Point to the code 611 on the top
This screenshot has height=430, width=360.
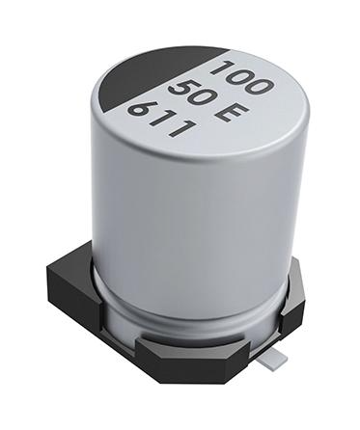click(160, 113)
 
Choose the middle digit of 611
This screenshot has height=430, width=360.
click(160, 114)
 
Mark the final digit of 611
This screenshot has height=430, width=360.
click(179, 124)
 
